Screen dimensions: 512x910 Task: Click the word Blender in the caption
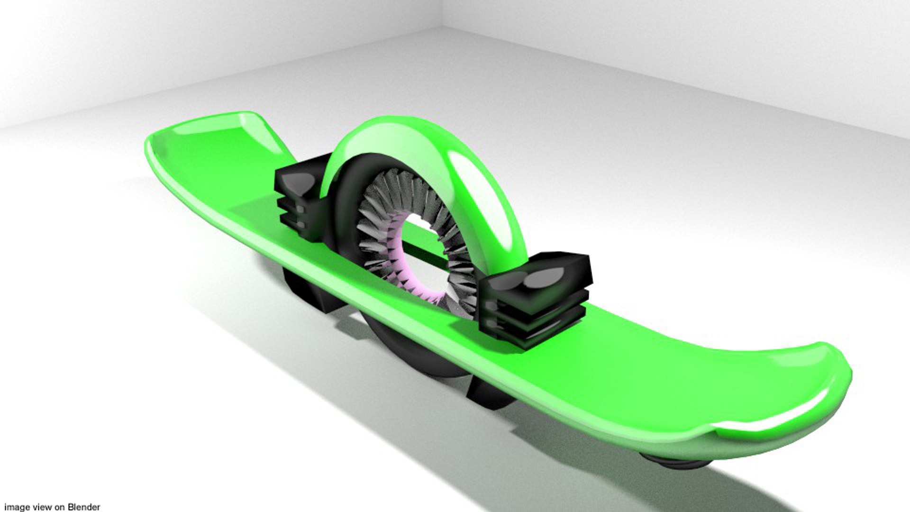point(84,507)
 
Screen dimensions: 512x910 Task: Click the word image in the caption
point(17,507)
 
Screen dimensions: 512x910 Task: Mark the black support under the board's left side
point(308,289)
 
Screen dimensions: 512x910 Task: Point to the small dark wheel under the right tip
point(673,462)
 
